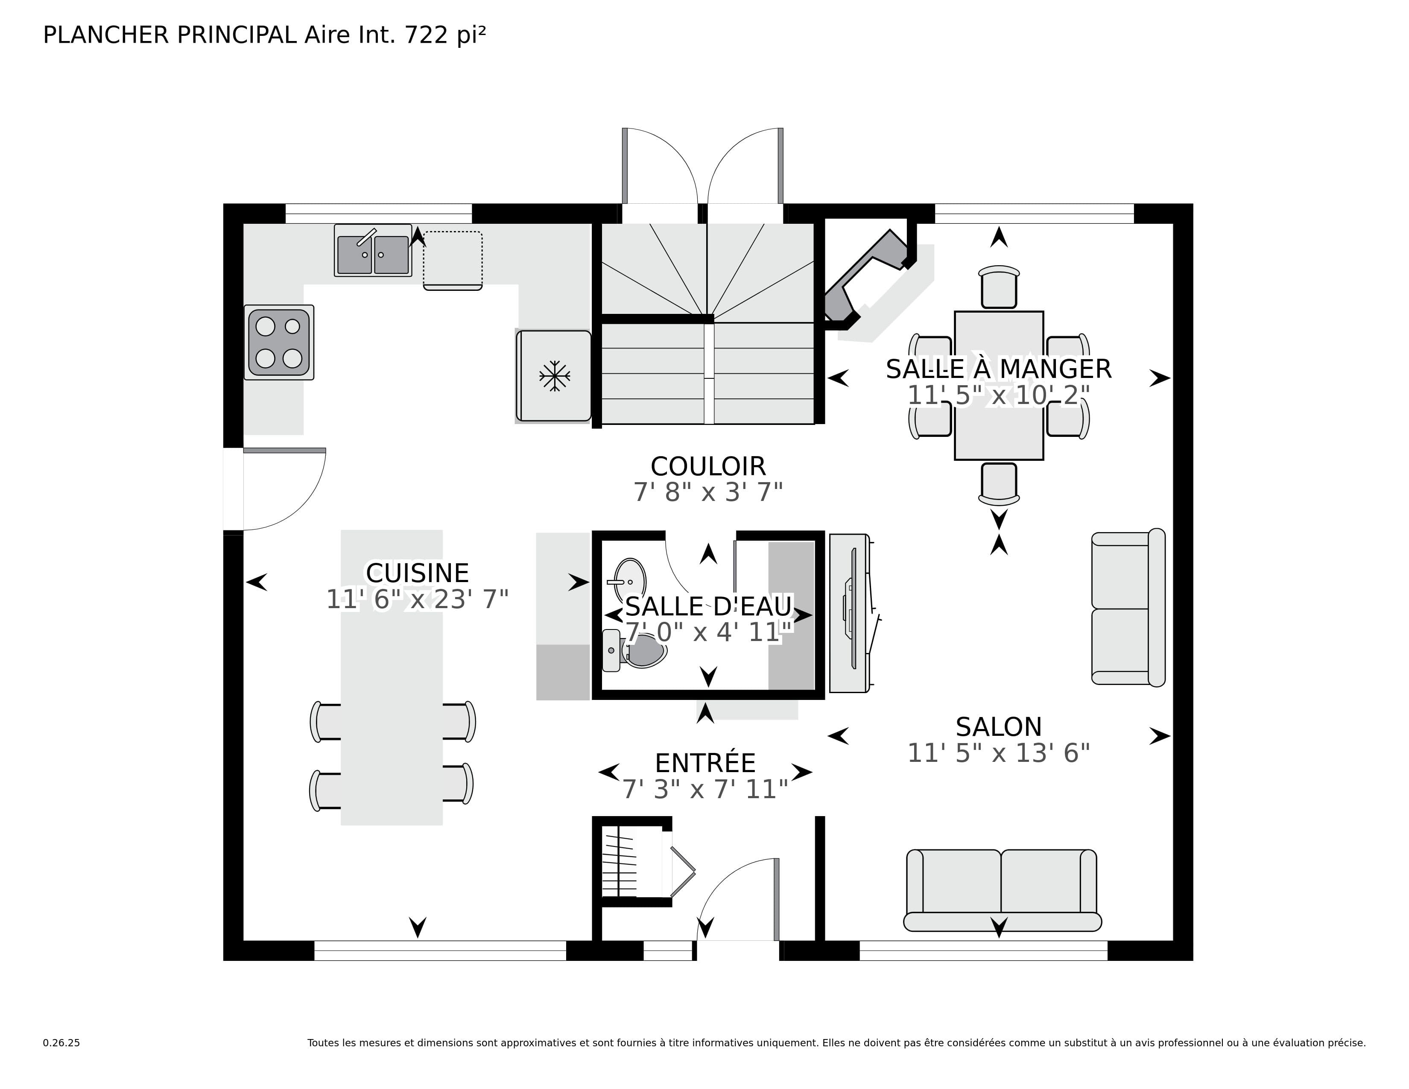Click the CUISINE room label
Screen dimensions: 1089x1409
coord(417,573)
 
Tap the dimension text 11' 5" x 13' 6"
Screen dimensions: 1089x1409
coord(998,753)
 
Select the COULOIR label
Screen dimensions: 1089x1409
coord(708,466)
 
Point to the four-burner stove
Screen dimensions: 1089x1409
coord(279,343)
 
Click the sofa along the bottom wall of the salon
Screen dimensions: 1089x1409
coord(1001,890)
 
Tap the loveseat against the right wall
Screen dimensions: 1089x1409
coord(1127,607)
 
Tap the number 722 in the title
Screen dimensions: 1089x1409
coord(426,35)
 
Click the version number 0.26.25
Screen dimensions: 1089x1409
coord(61,1042)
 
